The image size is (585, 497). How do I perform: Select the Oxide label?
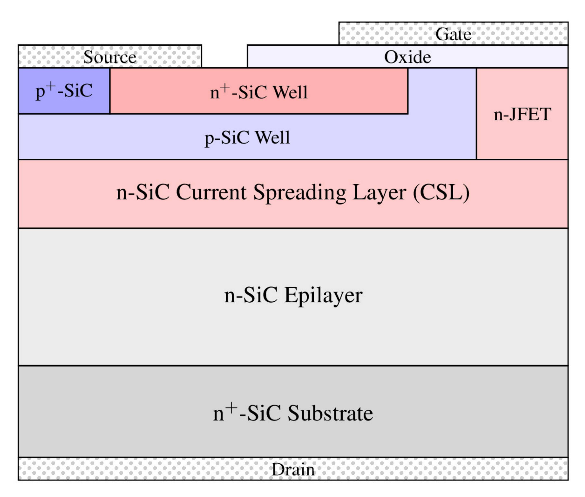point(407,57)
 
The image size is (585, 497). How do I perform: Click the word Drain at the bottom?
point(293,470)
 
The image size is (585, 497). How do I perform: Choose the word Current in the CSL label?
point(211,193)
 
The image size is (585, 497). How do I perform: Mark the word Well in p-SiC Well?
point(272,138)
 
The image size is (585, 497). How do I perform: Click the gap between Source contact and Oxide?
point(224,56)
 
